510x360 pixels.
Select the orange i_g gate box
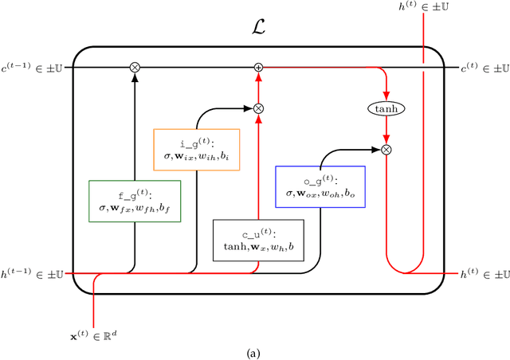pyautogui.click(x=196, y=149)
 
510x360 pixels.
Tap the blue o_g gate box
pyautogui.click(x=320, y=186)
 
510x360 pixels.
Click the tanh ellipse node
pyautogui.click(x=386, y=108)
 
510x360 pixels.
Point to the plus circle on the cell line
pyautogui.click(x=258, y=68)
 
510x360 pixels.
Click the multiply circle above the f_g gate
pyautogui.click(x=135, y=68)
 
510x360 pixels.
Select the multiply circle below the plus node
pyautogui.click(x=258, y=108)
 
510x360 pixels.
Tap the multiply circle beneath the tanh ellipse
pyautogui.click(x=386, y=148)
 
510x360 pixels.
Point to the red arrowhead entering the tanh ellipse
pyautogui.click(x=386, y=97)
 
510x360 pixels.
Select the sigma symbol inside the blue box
pyautogui.click(x=289, y=194)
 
